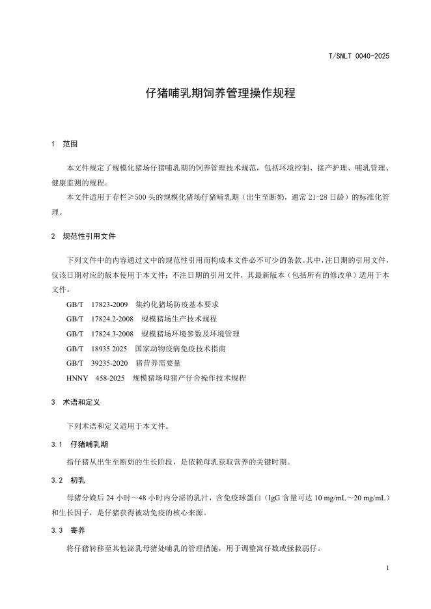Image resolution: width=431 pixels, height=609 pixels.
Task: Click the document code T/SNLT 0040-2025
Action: (x=359, y=57)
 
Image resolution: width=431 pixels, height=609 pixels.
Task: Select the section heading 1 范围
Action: (x=64, y=144)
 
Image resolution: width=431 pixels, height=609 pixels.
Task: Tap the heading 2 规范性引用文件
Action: (x=83, y=236)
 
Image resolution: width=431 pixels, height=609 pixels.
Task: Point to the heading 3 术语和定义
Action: (x=76, y=403)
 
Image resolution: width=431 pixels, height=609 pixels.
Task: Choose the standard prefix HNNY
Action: (x=77, y=378)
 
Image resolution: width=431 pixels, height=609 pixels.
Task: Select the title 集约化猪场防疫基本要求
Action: (x=177, y=304)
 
